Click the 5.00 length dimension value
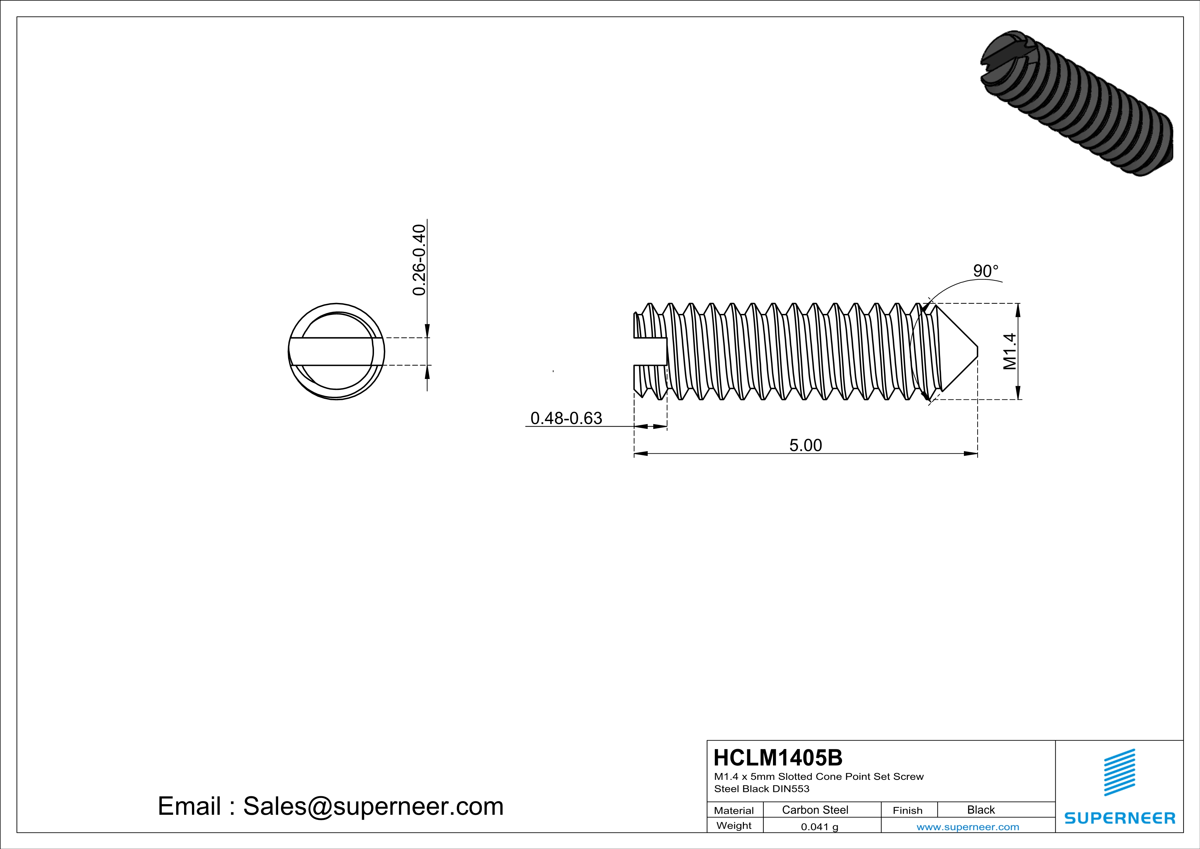click(x=805, y=445)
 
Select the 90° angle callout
click(x=985, y=271)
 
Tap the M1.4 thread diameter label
click(x=1010, y=351)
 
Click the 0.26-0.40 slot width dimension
click(x=419, y=260)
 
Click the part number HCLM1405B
click(x=778, y=758)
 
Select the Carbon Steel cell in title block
click(x=815, y=810)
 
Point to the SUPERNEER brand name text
click(x=1120, y=818)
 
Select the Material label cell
click(x=734, y=810)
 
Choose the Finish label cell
click(x=907, y=810)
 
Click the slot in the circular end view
click(x=335, y=351)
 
